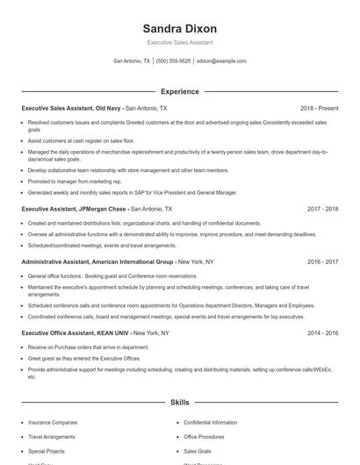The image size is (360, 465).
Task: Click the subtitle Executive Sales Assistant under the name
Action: [x=179, y=42]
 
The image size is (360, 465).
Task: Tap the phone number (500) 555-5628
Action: [x=173, y=61]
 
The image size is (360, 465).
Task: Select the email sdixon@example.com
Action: [x=221, y=61]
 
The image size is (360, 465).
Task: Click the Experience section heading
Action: [x=179, y=91]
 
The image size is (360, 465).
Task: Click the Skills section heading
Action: [x=179, y=403]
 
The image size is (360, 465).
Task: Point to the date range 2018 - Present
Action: [x=319, y=108]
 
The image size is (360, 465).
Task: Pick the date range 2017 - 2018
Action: [x=322, y=210]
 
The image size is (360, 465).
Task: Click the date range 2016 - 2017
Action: [x=322, y=261]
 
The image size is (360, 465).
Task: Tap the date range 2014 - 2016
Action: [x=322, y=334]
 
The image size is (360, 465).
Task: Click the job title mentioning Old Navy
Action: [x=72, y=108]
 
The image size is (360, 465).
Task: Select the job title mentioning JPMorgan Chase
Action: [x=74, y=210]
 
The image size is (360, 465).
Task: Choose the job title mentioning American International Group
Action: [x=97, y=261]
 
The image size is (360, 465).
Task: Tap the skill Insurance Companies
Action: [x=53, y=422]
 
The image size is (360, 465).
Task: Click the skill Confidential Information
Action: [x=211, y=422]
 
